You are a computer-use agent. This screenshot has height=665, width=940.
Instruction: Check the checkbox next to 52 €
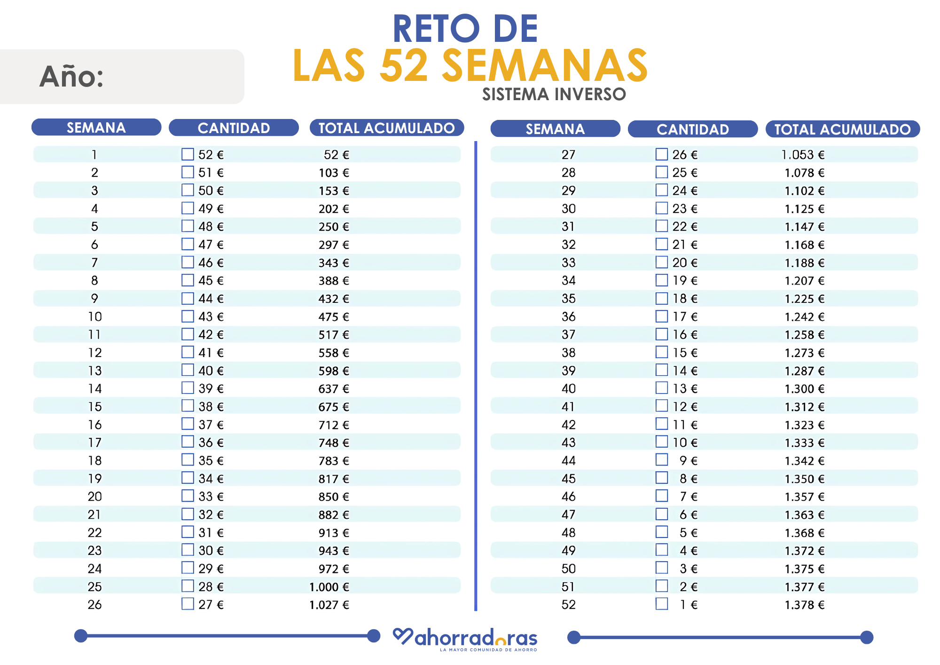(188, 154)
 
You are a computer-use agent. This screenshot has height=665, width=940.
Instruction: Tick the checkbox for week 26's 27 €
(188, 604)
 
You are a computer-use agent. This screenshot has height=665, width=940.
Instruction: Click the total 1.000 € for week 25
(329, 587)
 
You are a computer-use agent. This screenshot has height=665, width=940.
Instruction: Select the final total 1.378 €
(804, 605)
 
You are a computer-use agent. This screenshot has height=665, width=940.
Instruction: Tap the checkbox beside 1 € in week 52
(662, 604)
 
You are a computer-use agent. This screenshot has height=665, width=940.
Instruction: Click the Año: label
(71, 76)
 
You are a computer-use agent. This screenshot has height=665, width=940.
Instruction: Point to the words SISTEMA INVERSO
(554, 95)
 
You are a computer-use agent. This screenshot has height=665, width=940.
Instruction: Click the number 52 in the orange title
(404, 66)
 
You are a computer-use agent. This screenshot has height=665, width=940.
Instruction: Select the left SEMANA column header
(96, 127)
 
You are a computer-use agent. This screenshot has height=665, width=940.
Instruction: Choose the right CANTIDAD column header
(692, 129)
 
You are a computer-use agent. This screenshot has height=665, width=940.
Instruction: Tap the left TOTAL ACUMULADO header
(386, 128)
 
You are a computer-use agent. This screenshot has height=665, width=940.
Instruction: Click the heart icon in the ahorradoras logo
(403, 636)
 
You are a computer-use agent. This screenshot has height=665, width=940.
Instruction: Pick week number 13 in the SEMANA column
(95, 371)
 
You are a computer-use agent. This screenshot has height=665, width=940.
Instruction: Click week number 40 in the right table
(568, 389)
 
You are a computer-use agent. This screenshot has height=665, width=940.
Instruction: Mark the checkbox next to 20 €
(662, 262)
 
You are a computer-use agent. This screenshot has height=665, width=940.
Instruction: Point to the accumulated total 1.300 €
(804, 389)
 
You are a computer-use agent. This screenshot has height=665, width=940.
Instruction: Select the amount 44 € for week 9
(211, 299)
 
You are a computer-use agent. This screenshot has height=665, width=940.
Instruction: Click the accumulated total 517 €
(334, 335)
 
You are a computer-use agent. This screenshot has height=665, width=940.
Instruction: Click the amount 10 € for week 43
(685, 443)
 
